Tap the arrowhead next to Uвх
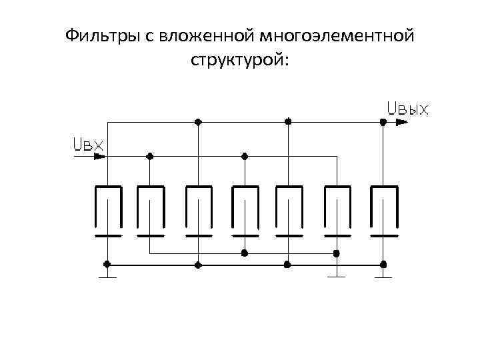[99, 156]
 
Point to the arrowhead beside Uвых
[400, 122]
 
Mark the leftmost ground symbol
[107, 273]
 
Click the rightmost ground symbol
[383, 273]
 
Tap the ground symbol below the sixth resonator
[337, 273]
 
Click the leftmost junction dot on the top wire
[198, 122]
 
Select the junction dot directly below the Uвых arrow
[383, 122]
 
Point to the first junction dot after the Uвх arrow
[150, 156]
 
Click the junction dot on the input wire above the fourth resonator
[245, 156]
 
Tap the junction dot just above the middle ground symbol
[337, 253]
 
